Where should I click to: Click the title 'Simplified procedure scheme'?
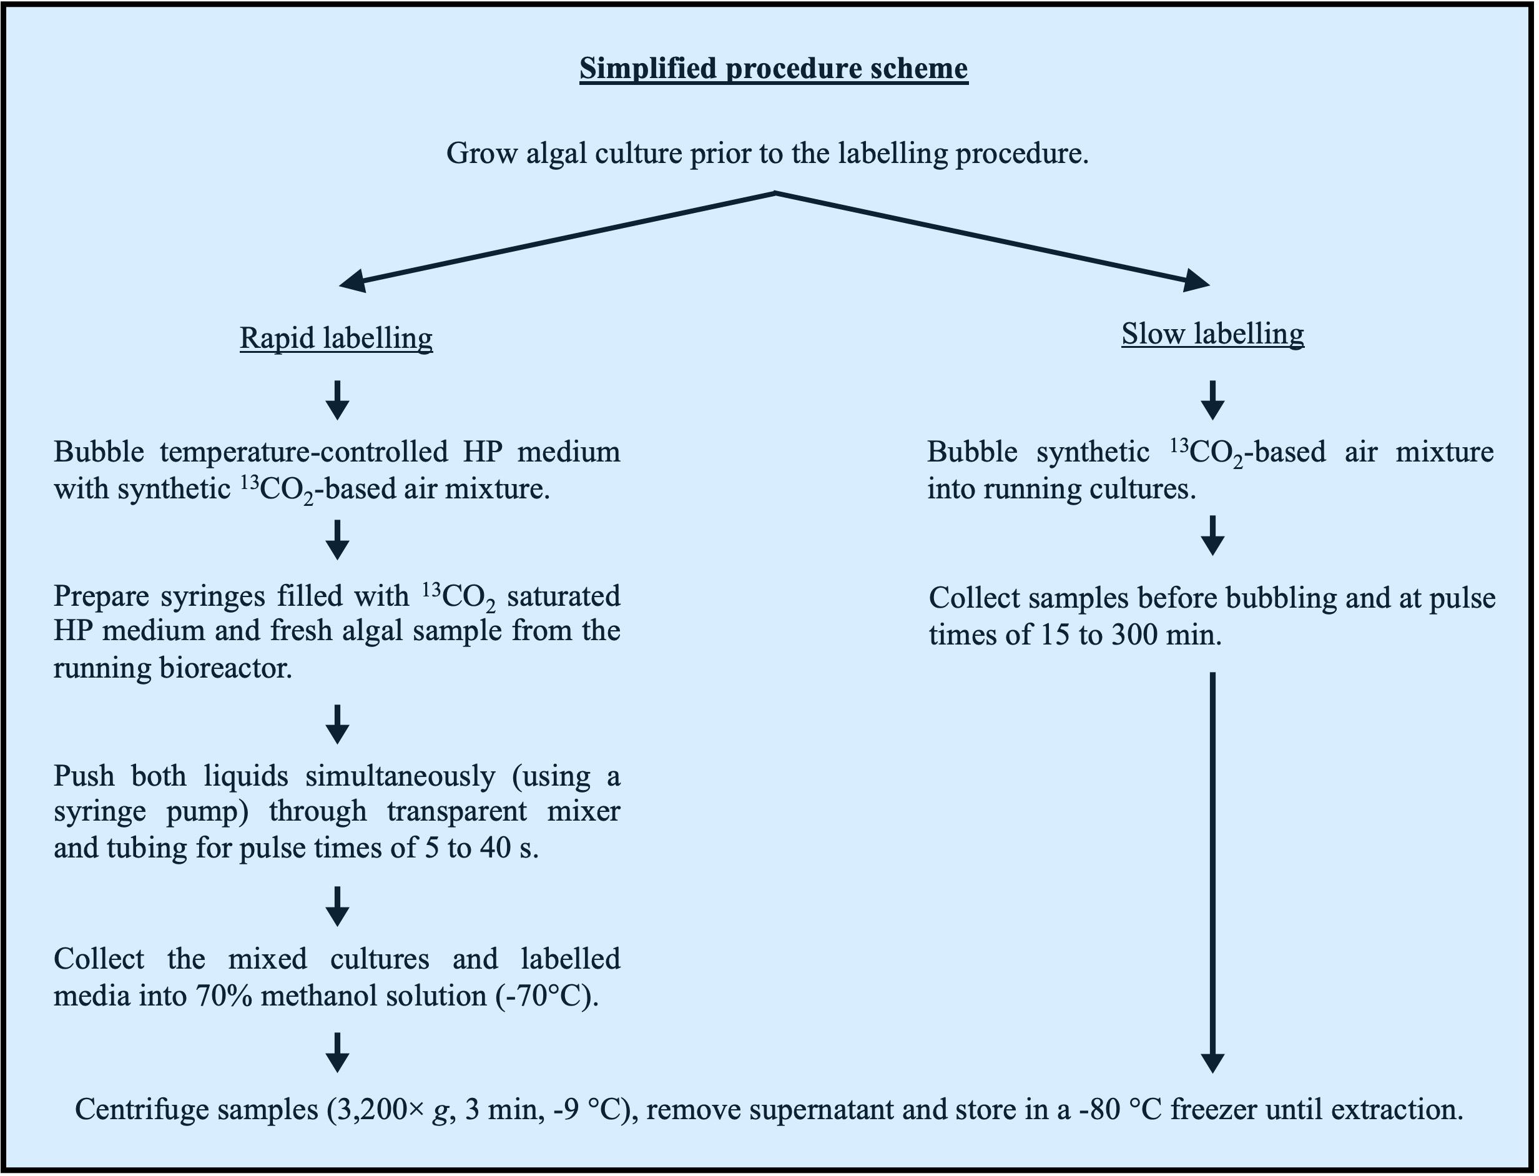[774, 69]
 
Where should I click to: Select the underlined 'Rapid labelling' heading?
[336, 338]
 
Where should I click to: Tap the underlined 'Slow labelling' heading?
[1212, 334]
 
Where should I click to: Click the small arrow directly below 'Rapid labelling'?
[337, 400]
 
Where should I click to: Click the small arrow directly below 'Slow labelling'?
[1212, 400]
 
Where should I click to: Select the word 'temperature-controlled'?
[303, 452]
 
